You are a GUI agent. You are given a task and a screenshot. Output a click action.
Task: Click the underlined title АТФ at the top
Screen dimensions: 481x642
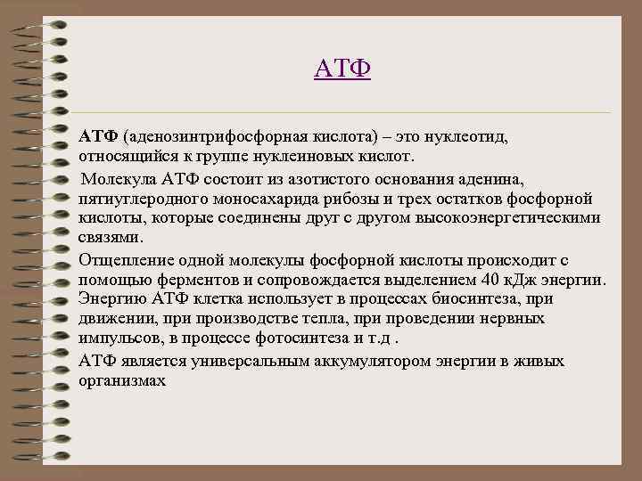click(x=342, y=69)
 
